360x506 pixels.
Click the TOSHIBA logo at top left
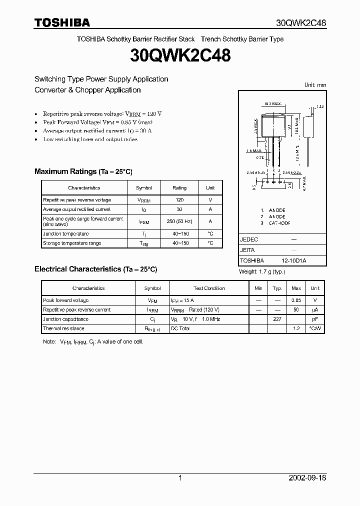coord(62,22)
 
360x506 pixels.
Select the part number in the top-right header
coord(301,23)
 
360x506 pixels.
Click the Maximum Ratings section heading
coord(83,171)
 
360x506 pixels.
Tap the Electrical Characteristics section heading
coord(95,269)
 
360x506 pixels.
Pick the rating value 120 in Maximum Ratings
coord(179,199)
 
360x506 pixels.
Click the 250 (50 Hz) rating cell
coord(179,221)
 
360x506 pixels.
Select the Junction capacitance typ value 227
coord(277,319)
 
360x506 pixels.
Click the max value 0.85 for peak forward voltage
coord(296,300)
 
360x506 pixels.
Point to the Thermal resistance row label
coord(63,328)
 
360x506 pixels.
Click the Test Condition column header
coord(209,288)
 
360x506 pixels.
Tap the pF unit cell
coord(315,319)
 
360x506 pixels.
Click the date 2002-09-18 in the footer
coord(307,478)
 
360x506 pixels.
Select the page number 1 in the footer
coord(180,478)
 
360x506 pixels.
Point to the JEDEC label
coord(249,239)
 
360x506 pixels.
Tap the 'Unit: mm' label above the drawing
coord(315,85)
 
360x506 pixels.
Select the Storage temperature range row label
coord(72,243)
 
